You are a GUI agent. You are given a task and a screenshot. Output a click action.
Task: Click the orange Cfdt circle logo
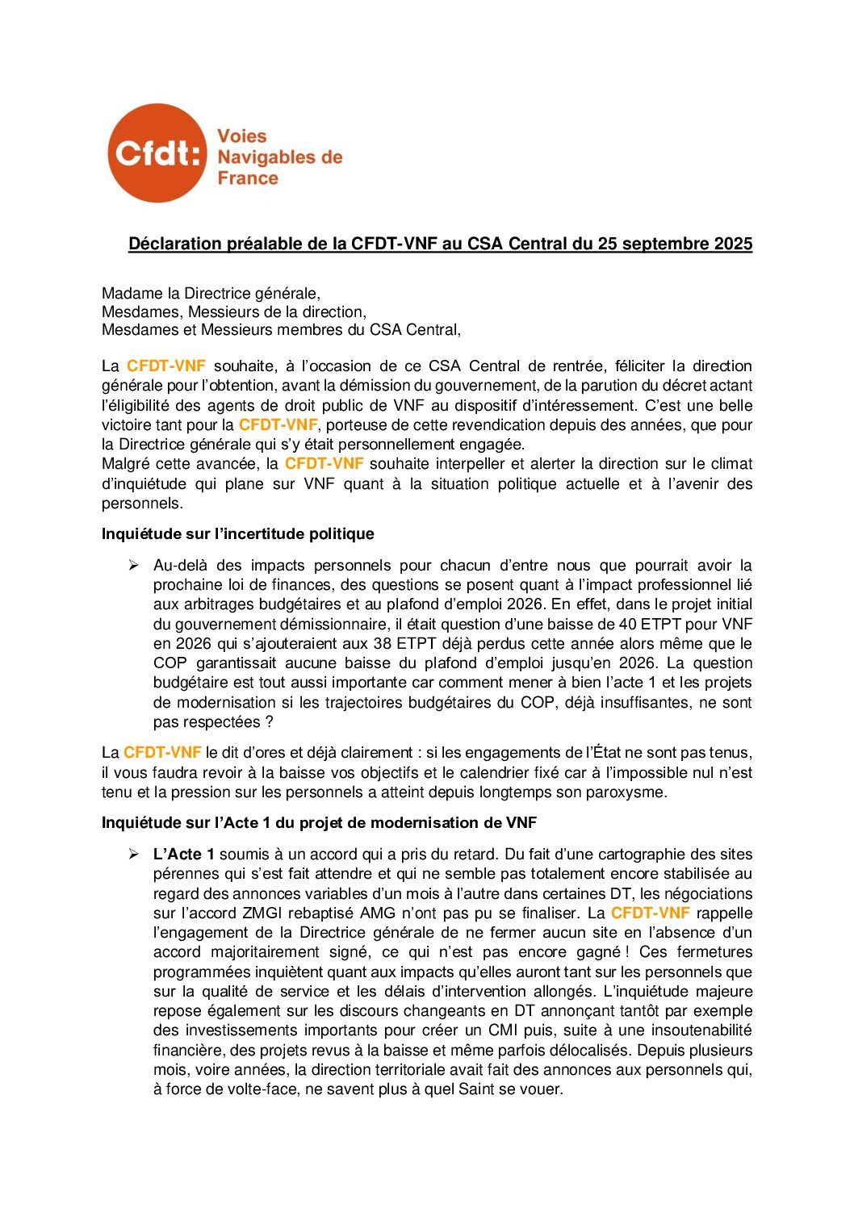157,153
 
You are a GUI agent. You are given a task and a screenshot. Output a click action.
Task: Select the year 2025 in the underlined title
733,244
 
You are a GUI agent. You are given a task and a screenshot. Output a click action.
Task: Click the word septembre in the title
670,244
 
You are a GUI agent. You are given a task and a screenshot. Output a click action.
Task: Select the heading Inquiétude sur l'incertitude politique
237,533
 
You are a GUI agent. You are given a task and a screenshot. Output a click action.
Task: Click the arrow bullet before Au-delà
134,565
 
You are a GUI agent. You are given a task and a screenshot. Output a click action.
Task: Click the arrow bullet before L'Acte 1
134,854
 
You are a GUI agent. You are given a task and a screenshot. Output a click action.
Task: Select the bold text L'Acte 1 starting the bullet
183,854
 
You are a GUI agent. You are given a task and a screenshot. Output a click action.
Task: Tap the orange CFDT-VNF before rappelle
650,913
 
